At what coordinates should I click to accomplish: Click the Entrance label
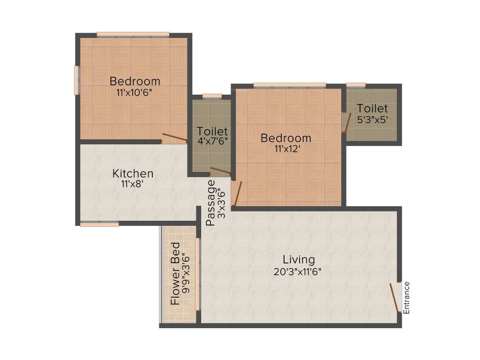[406, 297]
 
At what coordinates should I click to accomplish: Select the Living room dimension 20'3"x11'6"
[299, 271]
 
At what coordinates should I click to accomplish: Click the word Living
[299, 259]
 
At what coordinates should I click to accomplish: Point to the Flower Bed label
[175, 274]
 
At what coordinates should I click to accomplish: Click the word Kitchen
[133, 173]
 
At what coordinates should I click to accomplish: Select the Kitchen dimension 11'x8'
[133, 184]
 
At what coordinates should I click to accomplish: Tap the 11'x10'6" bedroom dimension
[135, 92]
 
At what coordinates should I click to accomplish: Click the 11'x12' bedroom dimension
[286, 149]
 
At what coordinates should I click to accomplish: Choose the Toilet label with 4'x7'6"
[212, 131]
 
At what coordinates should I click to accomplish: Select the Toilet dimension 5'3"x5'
[373, 120]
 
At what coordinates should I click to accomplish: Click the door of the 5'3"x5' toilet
[347, 122]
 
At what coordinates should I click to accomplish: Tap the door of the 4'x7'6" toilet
[220, 171]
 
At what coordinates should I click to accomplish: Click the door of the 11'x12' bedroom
[238, 194]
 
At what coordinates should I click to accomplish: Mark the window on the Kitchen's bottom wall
[99, 225]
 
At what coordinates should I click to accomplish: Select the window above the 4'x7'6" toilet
[212, 96]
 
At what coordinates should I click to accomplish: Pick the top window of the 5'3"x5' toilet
[356, 85]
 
